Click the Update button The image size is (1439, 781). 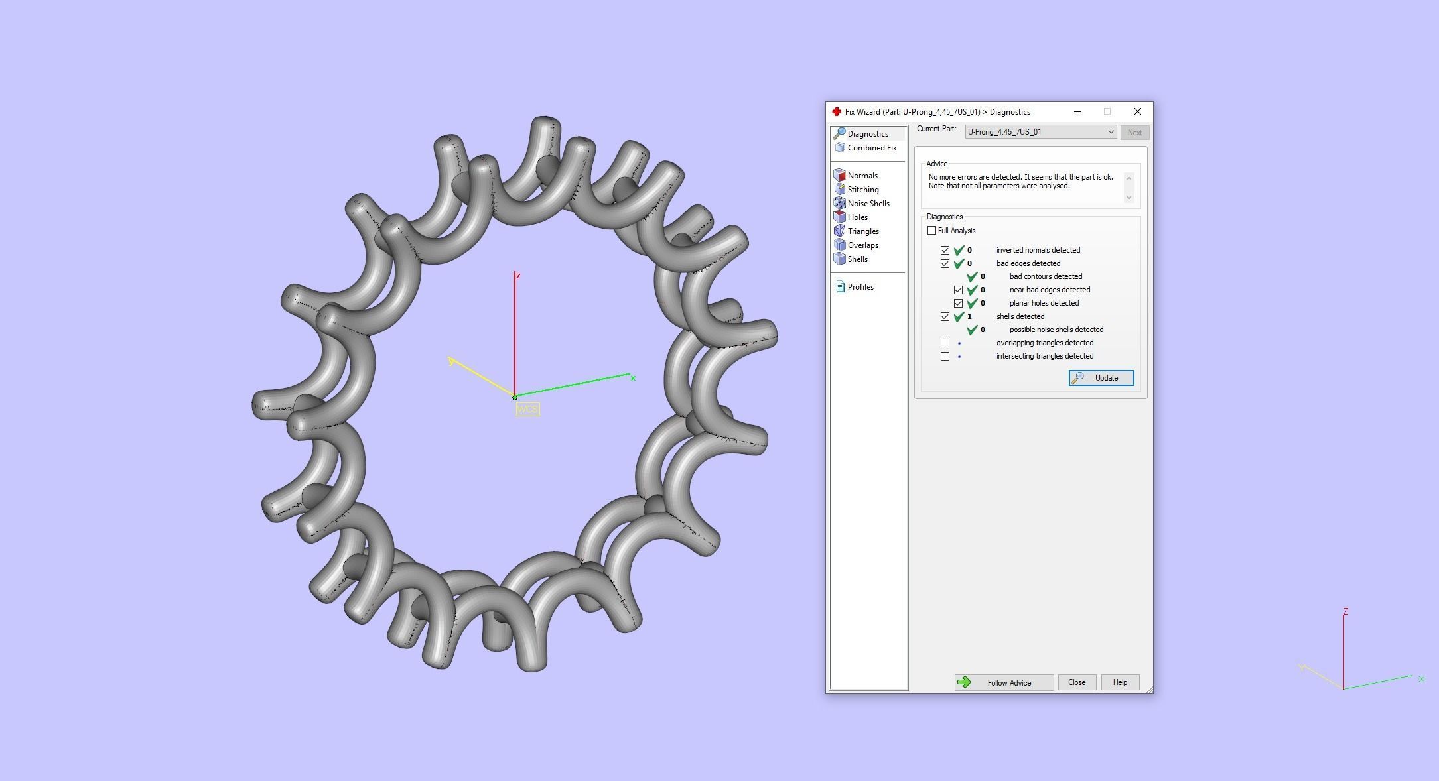(x=1101, y=378)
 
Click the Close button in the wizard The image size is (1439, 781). (x=1076, y=682)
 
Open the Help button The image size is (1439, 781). (x=1119, y=682)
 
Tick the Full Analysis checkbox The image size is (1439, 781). (x=932, y=231)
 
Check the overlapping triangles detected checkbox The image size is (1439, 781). (x=945, y=343)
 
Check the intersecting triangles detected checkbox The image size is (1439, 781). (x=945, y=356)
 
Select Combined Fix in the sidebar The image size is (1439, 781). (x=871, y=148)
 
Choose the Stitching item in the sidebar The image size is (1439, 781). (x=862, y=190)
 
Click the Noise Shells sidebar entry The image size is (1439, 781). (x=868, y=204)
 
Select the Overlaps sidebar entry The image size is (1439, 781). (x=862, y=245)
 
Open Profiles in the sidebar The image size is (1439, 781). (x=860, y=287)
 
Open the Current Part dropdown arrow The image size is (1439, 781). (x=1110, y=132)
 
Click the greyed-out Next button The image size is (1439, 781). (x=1134, y=133)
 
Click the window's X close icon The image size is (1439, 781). (x=1137, y=111)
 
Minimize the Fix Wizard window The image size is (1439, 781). (x=1077, y=111)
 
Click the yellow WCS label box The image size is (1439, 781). (x=527, y=410)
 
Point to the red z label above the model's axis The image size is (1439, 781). (x=518, y=276)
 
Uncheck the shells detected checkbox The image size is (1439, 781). (x=945, y=316)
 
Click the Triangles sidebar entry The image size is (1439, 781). (x=862, y=231)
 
